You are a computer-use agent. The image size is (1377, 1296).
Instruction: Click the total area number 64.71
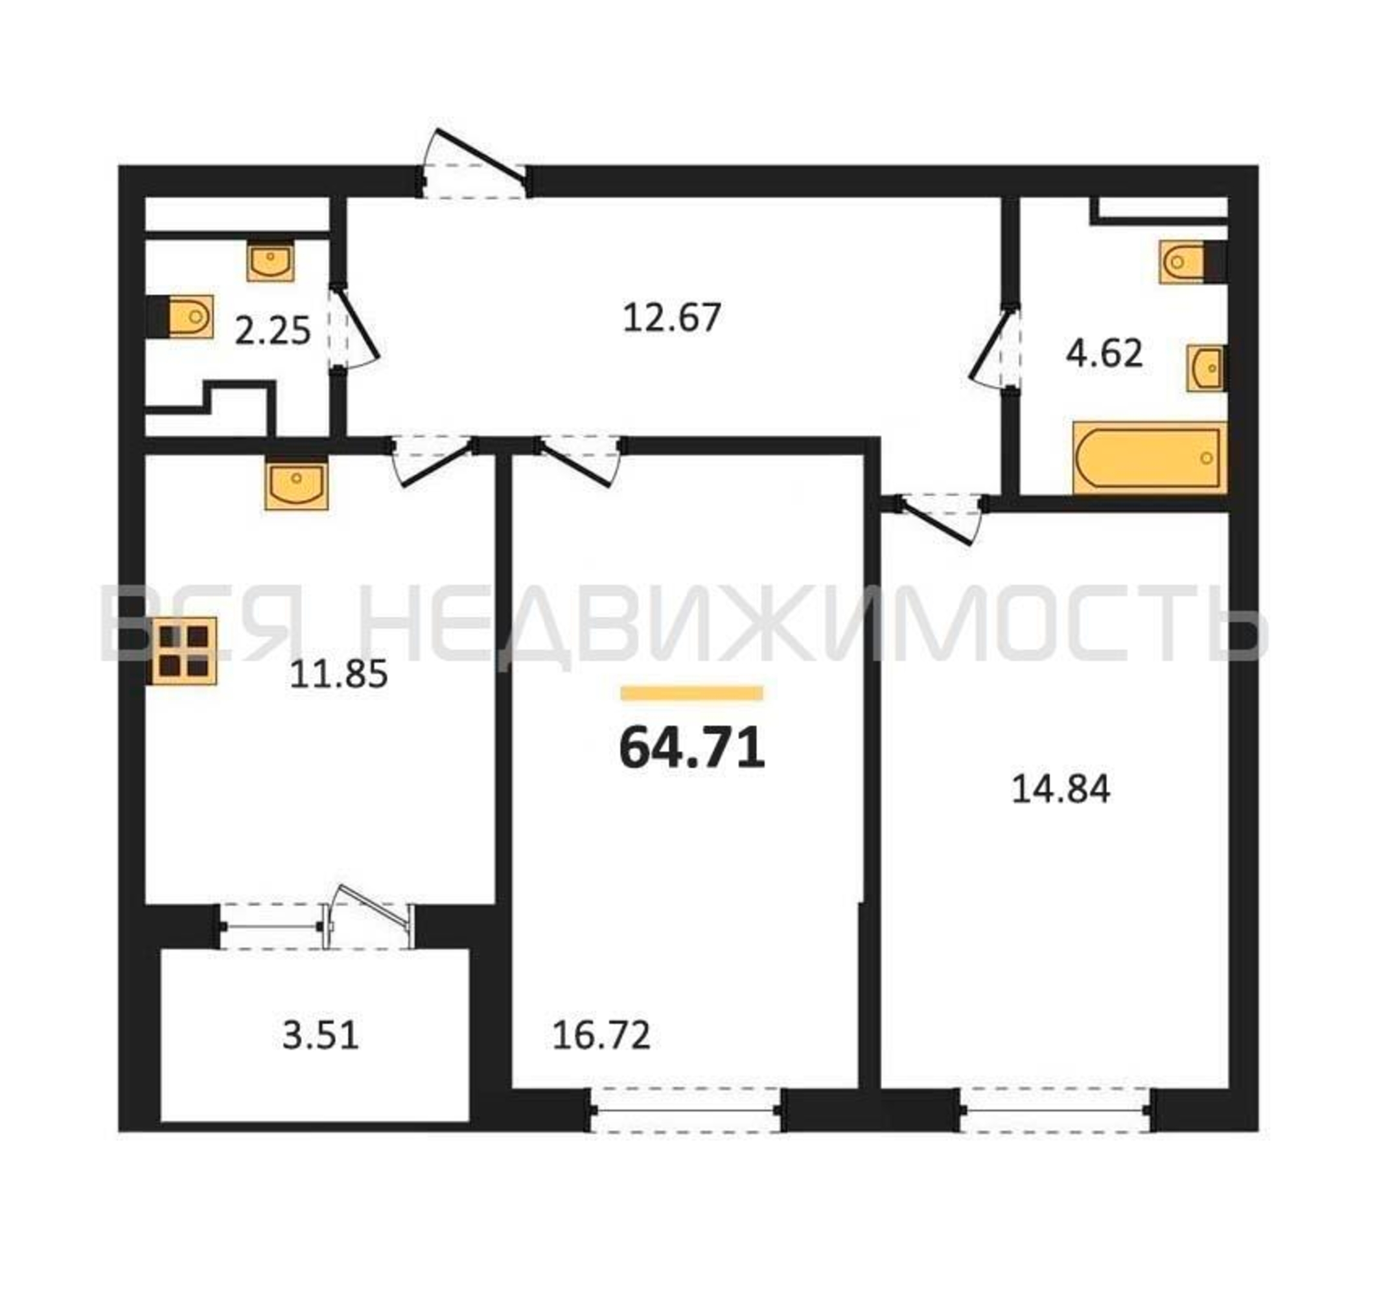click(691, 749)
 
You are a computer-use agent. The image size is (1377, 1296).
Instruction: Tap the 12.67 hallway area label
click(672, 318)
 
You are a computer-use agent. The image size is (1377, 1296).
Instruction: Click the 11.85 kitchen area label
click(338, 675)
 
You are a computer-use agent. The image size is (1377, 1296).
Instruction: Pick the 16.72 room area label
click(601, 1055)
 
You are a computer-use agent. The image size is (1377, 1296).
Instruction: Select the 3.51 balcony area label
click(320, 1056)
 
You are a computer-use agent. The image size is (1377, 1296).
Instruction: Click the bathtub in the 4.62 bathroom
click(1150, 458)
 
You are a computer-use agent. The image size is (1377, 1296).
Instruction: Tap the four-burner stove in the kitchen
click(183, 651)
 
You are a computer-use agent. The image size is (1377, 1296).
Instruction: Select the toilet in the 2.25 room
click(181, 317)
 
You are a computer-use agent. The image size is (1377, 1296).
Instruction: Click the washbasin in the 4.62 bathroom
click(1207, 368)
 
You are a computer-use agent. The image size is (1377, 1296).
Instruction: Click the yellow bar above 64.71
click(691, 693)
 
